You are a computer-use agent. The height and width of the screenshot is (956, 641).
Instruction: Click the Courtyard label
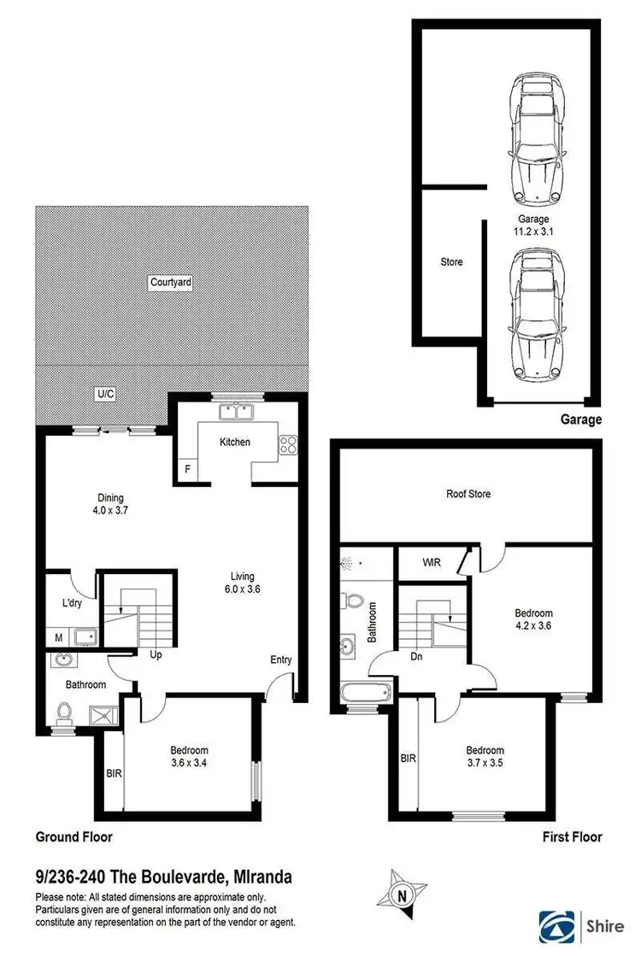pyautogui.click(x=170, y=282)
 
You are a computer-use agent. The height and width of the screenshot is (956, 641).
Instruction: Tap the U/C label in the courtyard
pyautogui.click(x=105, y=394)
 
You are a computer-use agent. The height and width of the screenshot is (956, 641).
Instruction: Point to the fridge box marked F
pyautogui.click(x=187, y=469)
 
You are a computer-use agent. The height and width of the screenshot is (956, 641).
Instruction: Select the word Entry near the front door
pyautogui.click(x=280, y=660)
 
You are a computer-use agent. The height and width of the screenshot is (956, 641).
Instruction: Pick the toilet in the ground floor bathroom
pyautogui.click(x=65, y=713)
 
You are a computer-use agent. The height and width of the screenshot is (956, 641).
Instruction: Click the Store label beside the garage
pyautogui.click(x=451, y=261)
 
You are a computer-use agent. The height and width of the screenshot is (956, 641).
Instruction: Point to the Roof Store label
pyautogui.click(x=468, y=494)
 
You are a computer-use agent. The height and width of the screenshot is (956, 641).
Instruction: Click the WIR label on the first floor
pyautogui.click(x=431, y=563)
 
